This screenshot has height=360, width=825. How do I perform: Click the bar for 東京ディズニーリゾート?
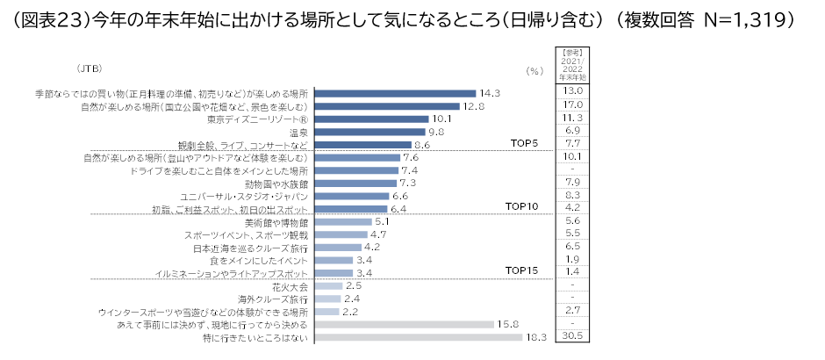[371, 119]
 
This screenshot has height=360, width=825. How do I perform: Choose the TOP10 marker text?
[522, 206]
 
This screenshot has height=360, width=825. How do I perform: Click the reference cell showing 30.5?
[572, 337]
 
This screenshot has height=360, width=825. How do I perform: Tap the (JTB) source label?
[89, 68]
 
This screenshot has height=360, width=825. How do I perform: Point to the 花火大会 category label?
[290, 286]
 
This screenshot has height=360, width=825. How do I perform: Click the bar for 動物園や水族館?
[355, 184]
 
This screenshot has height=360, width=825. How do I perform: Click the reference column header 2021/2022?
[572, 66]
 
